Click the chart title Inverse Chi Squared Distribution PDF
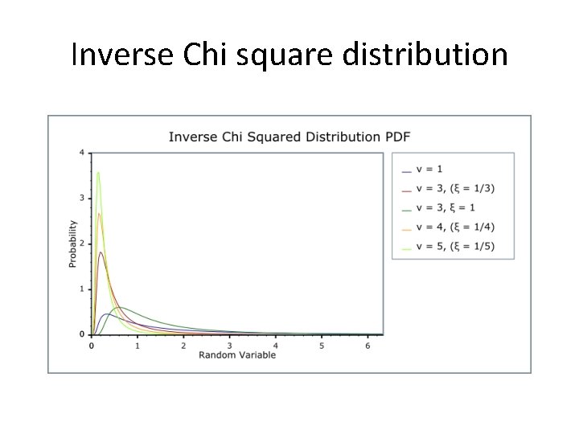tap(289, 137)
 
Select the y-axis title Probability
tap(72, 243)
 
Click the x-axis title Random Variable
tap(236, 354)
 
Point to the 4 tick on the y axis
tap(81, 153)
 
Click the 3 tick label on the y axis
tap(81, 198)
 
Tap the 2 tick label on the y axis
tap(81, 244)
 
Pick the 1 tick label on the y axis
tap(81, 289)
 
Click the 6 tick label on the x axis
tap(368, 346)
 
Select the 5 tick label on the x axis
tap(322, 346)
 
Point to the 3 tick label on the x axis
tap(229, 346)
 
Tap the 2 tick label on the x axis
tap(183, 346)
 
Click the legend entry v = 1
tap(431, 170)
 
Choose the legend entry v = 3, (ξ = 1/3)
tap(455, 189)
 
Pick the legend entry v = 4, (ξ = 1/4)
tap(455, 227)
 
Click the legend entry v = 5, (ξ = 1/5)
tap(455, 247)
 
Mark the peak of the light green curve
tap(98, 172)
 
